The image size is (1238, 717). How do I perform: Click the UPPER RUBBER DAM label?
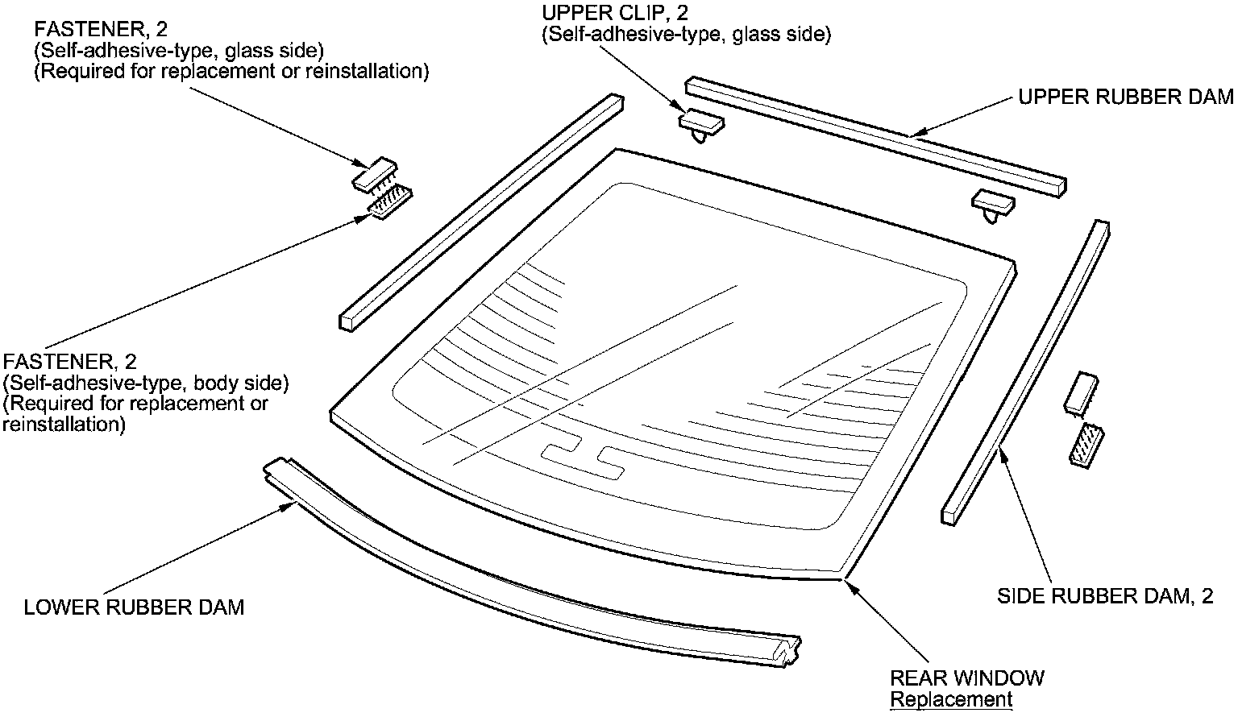pyautogui.click(x=1125, y=97)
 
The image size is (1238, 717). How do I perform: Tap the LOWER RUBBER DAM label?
pyautogui.click(x=134, y=607)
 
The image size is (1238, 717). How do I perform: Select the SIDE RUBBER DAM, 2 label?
pyautogui.click(x=1105, y=597)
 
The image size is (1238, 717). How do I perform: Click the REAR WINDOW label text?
pyautogui.click(x=967, y=678)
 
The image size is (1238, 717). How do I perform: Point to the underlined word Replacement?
pyautogui.click(x=951, y=699)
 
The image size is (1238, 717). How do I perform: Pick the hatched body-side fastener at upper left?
pyautogui.click(x=390, y=202)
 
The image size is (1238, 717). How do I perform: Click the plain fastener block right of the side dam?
pyautogui.click(x=1082, y=392)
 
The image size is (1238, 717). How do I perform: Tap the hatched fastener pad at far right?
pyautogui.click(x=1086, y=444)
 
